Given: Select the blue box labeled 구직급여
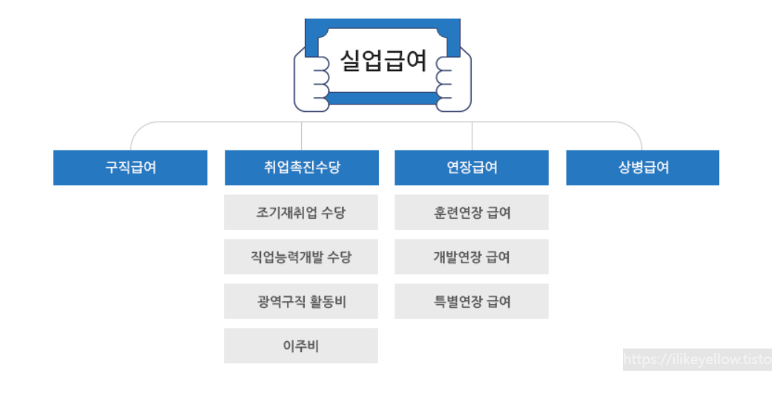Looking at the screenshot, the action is click(x=131, y=168).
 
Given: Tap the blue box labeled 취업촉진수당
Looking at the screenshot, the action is click(x=301, y=168).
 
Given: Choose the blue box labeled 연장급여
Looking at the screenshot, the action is click(x=472, y=168).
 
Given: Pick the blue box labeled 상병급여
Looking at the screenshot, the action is click(x=643, y=168).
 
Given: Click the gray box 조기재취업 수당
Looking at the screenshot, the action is click(x=301, y=213).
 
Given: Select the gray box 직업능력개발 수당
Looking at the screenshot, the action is click(x=301, y=257).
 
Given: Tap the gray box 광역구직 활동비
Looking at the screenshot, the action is click(x=301, y=302).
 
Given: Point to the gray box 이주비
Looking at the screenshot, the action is click(x=301, y=346).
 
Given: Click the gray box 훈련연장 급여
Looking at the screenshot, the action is click(x=472, y=213).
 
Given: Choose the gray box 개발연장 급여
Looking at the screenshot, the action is click(x=472, y=257).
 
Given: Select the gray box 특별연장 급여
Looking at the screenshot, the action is click(x=472, y=302).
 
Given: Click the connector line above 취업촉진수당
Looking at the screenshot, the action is click(x=301, y=136).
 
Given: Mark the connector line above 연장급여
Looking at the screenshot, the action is click(x=472, y=136).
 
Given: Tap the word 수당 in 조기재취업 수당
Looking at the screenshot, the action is click(x=333, y=213).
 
